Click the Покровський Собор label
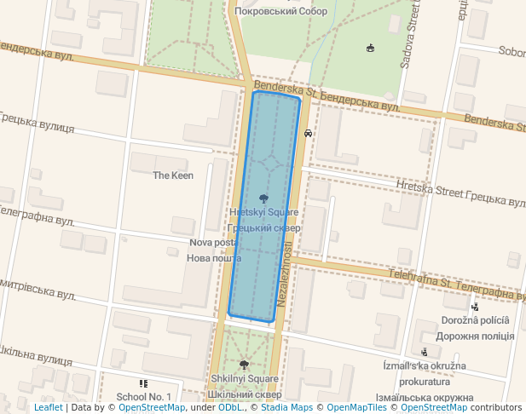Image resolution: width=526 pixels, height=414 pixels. (280, 11)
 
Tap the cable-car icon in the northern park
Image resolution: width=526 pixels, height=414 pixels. (369, 48)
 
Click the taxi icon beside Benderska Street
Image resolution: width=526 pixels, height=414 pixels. (307, 133)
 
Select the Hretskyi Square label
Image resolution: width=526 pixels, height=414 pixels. (263, 211)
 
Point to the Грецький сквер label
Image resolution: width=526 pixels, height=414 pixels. (264, 228)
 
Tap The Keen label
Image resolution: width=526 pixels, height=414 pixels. (173, 175)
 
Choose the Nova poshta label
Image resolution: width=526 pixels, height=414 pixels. (213, 243)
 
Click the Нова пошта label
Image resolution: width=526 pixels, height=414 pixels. (213, 258)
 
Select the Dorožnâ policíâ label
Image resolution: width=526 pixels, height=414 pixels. (475, 321)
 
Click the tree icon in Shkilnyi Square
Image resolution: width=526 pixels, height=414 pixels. (244, 365)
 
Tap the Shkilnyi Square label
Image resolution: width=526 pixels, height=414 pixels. (244, 379)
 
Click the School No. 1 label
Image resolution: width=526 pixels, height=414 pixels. (144, 397)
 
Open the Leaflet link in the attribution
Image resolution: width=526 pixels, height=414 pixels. (48, 408)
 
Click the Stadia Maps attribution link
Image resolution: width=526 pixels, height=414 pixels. (286, 408)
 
